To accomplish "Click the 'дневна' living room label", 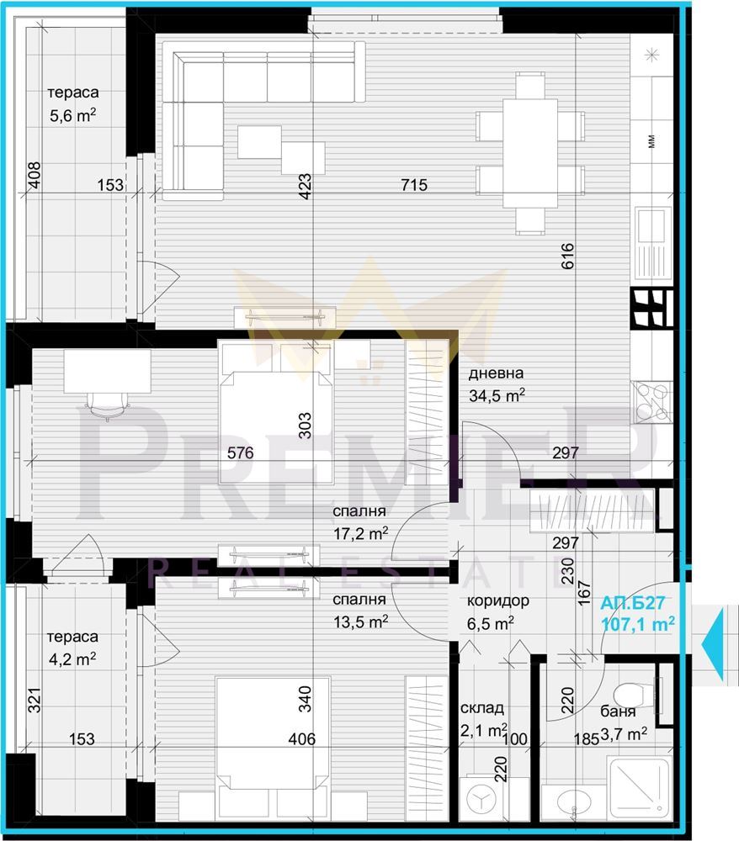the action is (496, 373).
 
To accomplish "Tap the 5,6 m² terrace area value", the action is (73, 115).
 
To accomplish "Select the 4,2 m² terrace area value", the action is (72, 659).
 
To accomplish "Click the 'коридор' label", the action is (498, 601).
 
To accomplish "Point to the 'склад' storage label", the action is (482, 708).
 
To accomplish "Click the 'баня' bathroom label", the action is (619, 711).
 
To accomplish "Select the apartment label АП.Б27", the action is (633, 603).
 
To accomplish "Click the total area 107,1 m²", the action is (637, 624).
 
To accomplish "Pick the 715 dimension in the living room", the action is (414, 185).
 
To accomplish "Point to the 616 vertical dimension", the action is (568, 257).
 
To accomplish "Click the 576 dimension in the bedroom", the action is (241, 453).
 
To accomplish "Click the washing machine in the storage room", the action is (481, 799).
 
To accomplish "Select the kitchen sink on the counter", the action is (653, 242).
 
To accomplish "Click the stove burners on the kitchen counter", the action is (652, 400).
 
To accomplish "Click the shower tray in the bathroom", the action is (639, 787).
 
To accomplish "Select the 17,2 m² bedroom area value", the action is (360, 534).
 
